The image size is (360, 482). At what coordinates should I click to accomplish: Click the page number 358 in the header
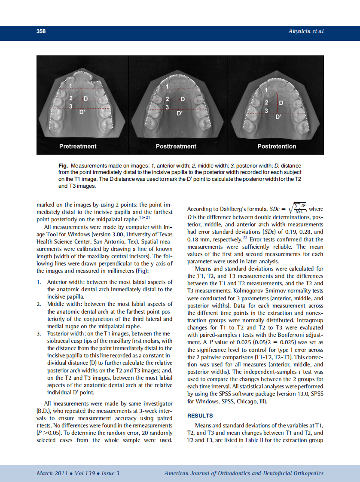click(x=41, y=31)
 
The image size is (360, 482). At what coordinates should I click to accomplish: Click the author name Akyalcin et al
click(x=305, y=31)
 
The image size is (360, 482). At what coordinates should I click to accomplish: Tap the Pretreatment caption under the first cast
click(x=78, y=146)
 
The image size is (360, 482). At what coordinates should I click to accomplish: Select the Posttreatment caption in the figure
click(x=176, y=146)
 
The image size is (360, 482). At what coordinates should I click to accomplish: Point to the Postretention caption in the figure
click(x=277, y=146)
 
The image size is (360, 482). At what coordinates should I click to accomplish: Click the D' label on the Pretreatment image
click(x=82, y=112)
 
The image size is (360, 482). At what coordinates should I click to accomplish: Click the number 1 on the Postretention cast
click(x=266, y=90)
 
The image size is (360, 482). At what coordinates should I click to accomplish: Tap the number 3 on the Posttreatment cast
click(x=168, y=107)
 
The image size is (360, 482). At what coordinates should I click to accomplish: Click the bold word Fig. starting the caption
click(x=63, y=166)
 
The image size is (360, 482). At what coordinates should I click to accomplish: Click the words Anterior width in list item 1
click(x=65, y=282)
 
